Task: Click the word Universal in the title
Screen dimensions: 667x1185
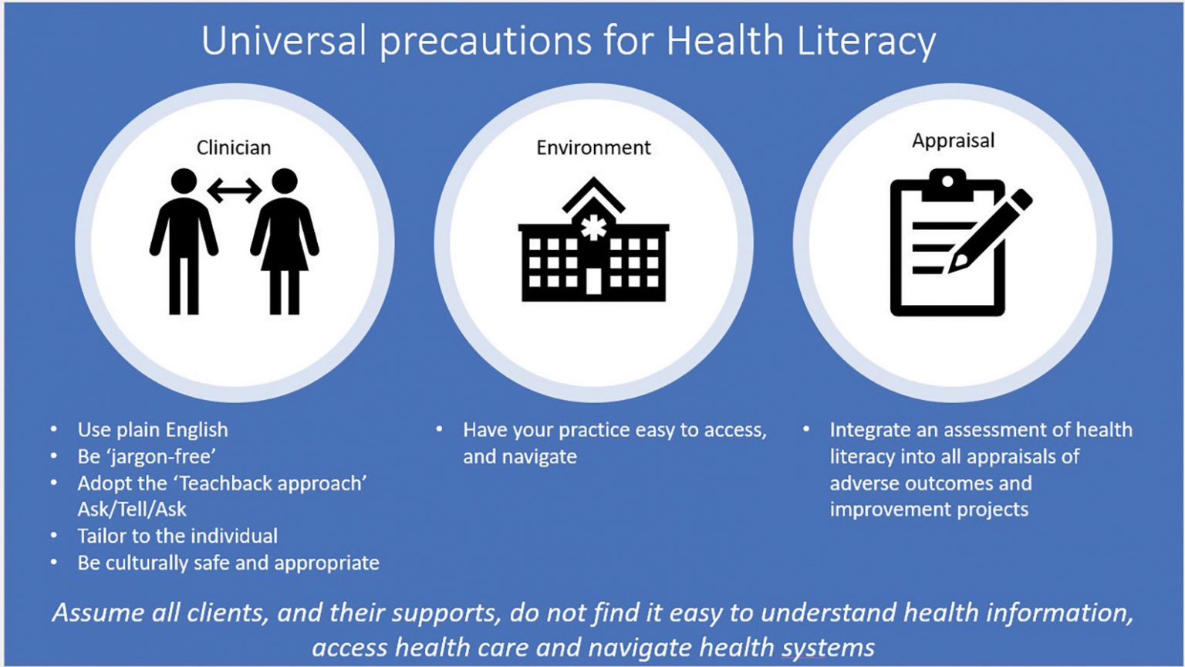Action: tap(283, 42)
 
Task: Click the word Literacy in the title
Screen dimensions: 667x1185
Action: tap(866, 42)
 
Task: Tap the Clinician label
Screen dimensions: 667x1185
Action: tap(234, 147)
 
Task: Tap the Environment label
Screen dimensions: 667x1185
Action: tap(593, 147)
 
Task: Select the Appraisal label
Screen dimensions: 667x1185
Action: tap(953, 141)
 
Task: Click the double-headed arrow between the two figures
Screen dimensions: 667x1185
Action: tap(235, 189)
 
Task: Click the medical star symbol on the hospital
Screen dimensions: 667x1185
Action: tap(592, 229)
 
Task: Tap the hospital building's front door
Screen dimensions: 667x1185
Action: tap(592, 281)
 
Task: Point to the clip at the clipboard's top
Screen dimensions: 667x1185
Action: tap(947, 185)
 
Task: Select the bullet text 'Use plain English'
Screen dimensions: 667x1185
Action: tap(153, 430)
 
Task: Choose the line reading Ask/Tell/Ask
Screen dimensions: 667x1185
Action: tap(132, 510)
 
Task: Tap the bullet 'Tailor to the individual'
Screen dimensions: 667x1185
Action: tap(177, 536)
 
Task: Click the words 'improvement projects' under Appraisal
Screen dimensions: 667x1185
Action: tap(929, 510)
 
